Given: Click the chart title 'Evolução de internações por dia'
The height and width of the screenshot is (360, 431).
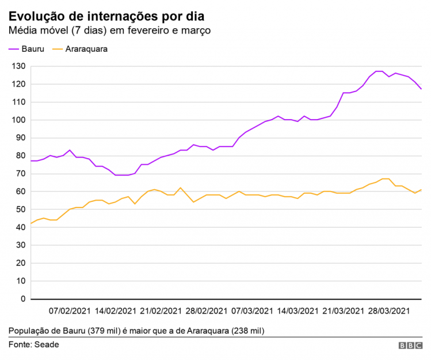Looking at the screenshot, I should coord(106,14).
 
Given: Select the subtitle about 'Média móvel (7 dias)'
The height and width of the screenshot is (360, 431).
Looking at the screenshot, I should coord(109,30).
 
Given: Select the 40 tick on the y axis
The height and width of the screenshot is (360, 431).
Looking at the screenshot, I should coord(21,227).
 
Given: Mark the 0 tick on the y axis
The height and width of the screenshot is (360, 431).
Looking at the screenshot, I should coord(23,299).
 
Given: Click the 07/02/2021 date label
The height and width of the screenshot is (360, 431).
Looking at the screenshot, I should coord(70,311).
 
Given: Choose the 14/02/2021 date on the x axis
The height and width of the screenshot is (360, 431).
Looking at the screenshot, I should coord(115,311).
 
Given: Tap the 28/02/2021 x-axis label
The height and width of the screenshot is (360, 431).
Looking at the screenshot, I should coord(207,311).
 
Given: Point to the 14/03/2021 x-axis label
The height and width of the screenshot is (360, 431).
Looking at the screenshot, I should coord(297,311).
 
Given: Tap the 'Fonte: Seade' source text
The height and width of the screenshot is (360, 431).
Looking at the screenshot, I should coord(33,344).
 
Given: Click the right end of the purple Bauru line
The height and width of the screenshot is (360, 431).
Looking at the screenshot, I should coord(421,89).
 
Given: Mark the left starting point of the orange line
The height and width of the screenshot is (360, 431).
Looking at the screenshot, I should coord(30,224).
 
